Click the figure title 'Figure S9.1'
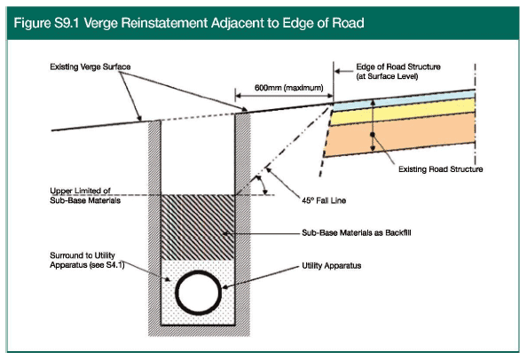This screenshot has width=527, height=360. pyautogui.click(x=46, y=23)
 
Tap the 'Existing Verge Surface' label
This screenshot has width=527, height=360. pyautogui.click(x=90, y=67)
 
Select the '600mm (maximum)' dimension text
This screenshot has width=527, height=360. pyautogui.click(x=288, y=88)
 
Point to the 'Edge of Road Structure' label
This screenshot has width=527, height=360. pyautogui.click(x=398, y=67)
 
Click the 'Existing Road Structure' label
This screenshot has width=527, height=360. pyautogui.click(x=441, y=169)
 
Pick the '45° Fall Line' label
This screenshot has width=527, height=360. pyautogui.click(x=324, y=200)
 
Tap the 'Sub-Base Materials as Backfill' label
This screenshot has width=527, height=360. pyautogui.click(x=357, y=232)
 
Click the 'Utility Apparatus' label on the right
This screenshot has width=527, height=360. pyautogui.click(x=332, y=266)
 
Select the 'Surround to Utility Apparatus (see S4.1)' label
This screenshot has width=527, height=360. pyautogui.click(x=87, y=261)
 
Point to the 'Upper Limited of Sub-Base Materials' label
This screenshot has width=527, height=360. pyautogui.click(x=85, y=195)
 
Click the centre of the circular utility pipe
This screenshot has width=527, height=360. pyautogui.click(x=199, y=293)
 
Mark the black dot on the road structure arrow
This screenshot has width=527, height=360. pyautogui.click(x=373, y=134)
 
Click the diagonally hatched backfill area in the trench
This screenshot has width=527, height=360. pyautogui.click(x=198, y=227)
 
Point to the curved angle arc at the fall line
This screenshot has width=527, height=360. pyautogui.click(x=263, y=184)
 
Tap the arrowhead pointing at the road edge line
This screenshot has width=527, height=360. pyautogui.click(x=338, y=71)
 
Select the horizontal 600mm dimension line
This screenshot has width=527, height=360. pyautogui.click(x=284, y=96)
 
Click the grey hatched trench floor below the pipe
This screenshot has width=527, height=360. pyautogui.click(x=199, y=331)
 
